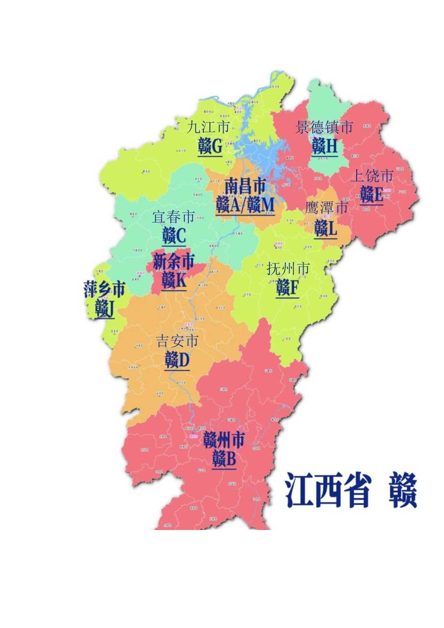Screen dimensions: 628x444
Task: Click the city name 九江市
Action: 208,127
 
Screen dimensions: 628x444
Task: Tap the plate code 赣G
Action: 210,146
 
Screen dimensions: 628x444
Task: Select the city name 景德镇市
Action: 324,127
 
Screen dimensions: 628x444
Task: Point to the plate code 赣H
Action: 324,146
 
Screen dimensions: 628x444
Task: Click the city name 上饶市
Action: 372,176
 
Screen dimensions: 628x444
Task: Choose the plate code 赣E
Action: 372,195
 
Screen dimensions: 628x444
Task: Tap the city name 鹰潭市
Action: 326,208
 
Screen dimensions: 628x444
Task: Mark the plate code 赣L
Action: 326,228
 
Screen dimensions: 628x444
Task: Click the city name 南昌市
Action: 245,186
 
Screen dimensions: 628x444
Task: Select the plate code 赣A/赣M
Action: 245,205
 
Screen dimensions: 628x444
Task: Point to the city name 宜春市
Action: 174,217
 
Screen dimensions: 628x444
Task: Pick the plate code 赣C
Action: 174,236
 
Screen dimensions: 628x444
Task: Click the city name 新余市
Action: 174,262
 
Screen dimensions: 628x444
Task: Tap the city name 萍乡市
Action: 104,290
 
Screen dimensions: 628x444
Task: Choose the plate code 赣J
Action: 105,308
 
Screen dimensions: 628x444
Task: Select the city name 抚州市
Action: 288,269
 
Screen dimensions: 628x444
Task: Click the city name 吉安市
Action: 177,342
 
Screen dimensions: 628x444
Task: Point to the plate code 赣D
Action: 177,360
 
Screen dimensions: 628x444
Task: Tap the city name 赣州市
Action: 223,440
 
